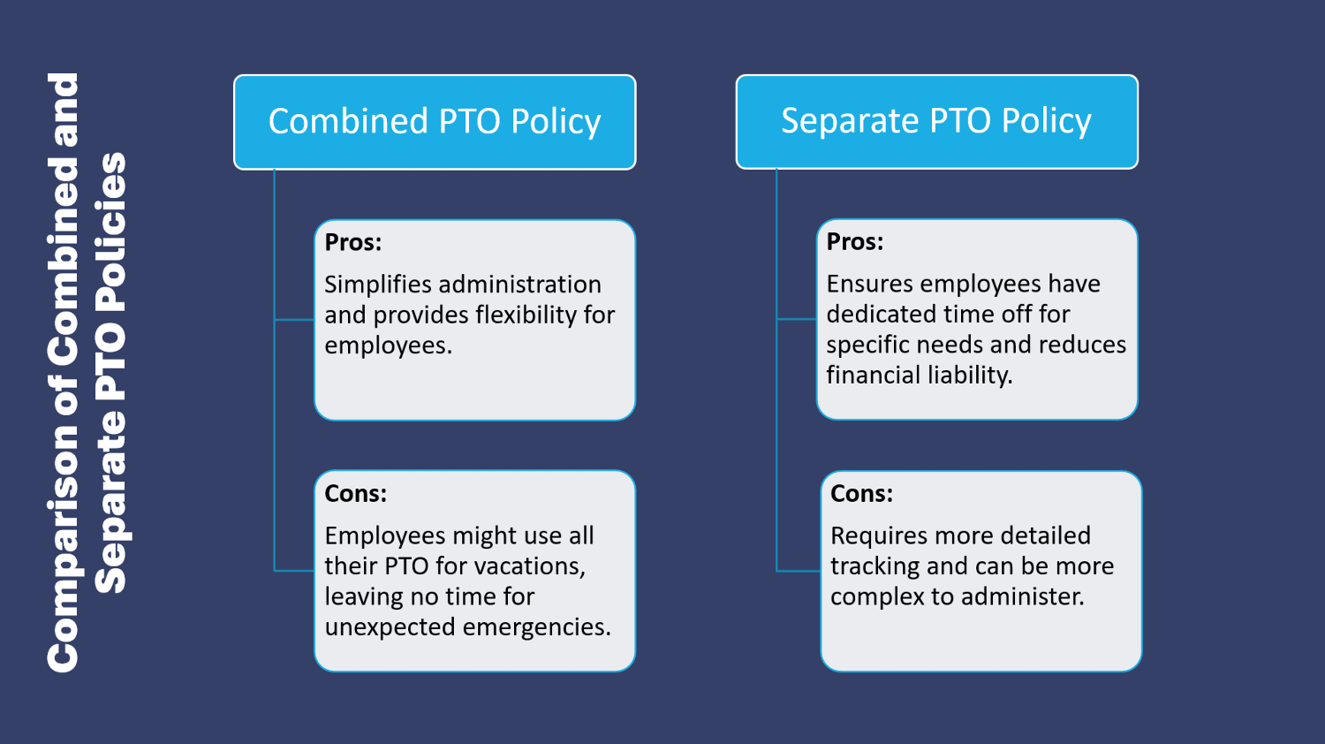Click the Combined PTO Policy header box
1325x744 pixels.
[x=435, y=122]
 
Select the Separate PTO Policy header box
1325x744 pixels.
[x=936, y=122]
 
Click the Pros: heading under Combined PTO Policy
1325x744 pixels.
[x=353, y=242]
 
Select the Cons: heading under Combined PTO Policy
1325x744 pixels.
[x=356, y=493]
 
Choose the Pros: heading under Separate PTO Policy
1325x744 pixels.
[x=855, y=242]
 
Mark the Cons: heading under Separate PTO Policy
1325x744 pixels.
[x=861, y=493]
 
